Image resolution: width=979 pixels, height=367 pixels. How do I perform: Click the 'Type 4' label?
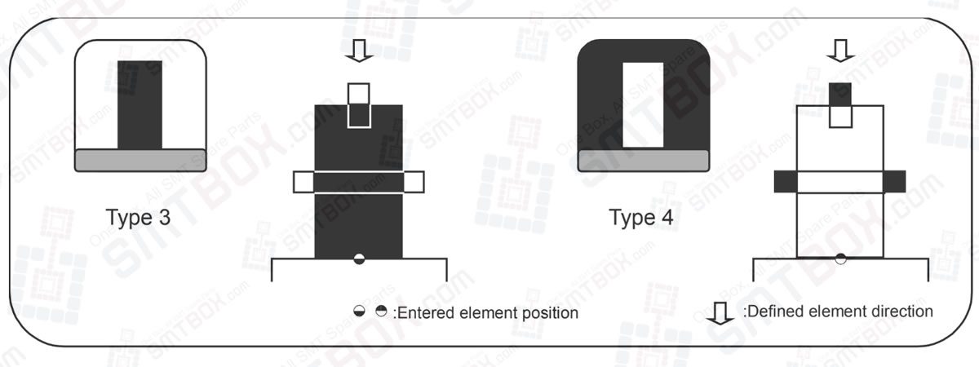(x=641, y=218)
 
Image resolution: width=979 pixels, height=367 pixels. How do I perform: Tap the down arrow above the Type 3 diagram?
(x=359, y=51)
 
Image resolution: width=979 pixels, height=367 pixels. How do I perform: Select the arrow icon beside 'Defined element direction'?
(x=719, y=313)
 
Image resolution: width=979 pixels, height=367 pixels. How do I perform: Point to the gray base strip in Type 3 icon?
(x=140, y=160)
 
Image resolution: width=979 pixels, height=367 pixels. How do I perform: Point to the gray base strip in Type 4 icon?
(x=642, y=161)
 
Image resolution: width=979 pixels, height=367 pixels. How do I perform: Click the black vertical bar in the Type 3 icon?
(x=140, y=104)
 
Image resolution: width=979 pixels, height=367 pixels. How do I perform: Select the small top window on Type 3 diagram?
(x=359, y=104)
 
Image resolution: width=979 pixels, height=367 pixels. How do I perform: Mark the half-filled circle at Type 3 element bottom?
(x=359, y=259)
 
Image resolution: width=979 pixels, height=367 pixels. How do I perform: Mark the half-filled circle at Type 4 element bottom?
(x=840, y=259)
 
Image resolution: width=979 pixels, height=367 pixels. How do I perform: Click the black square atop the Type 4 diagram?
(x=840, y=94)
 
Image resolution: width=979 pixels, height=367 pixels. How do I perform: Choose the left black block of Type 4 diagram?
(x=785, y=181)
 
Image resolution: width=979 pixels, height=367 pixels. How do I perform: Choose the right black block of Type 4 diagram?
(x=895, y=181)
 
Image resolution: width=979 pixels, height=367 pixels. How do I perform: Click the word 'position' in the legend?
(x=548, y=313)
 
